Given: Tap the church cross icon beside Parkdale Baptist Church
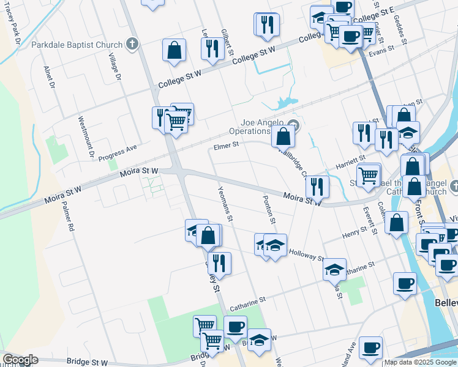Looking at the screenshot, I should [x=132, y=43].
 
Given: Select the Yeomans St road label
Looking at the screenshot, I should [x=225, y=204].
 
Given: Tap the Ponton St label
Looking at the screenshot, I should [x=269, y=209].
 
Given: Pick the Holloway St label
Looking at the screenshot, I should [x=306, y=254].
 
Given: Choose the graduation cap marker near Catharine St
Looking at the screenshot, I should [x=334, y=268].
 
